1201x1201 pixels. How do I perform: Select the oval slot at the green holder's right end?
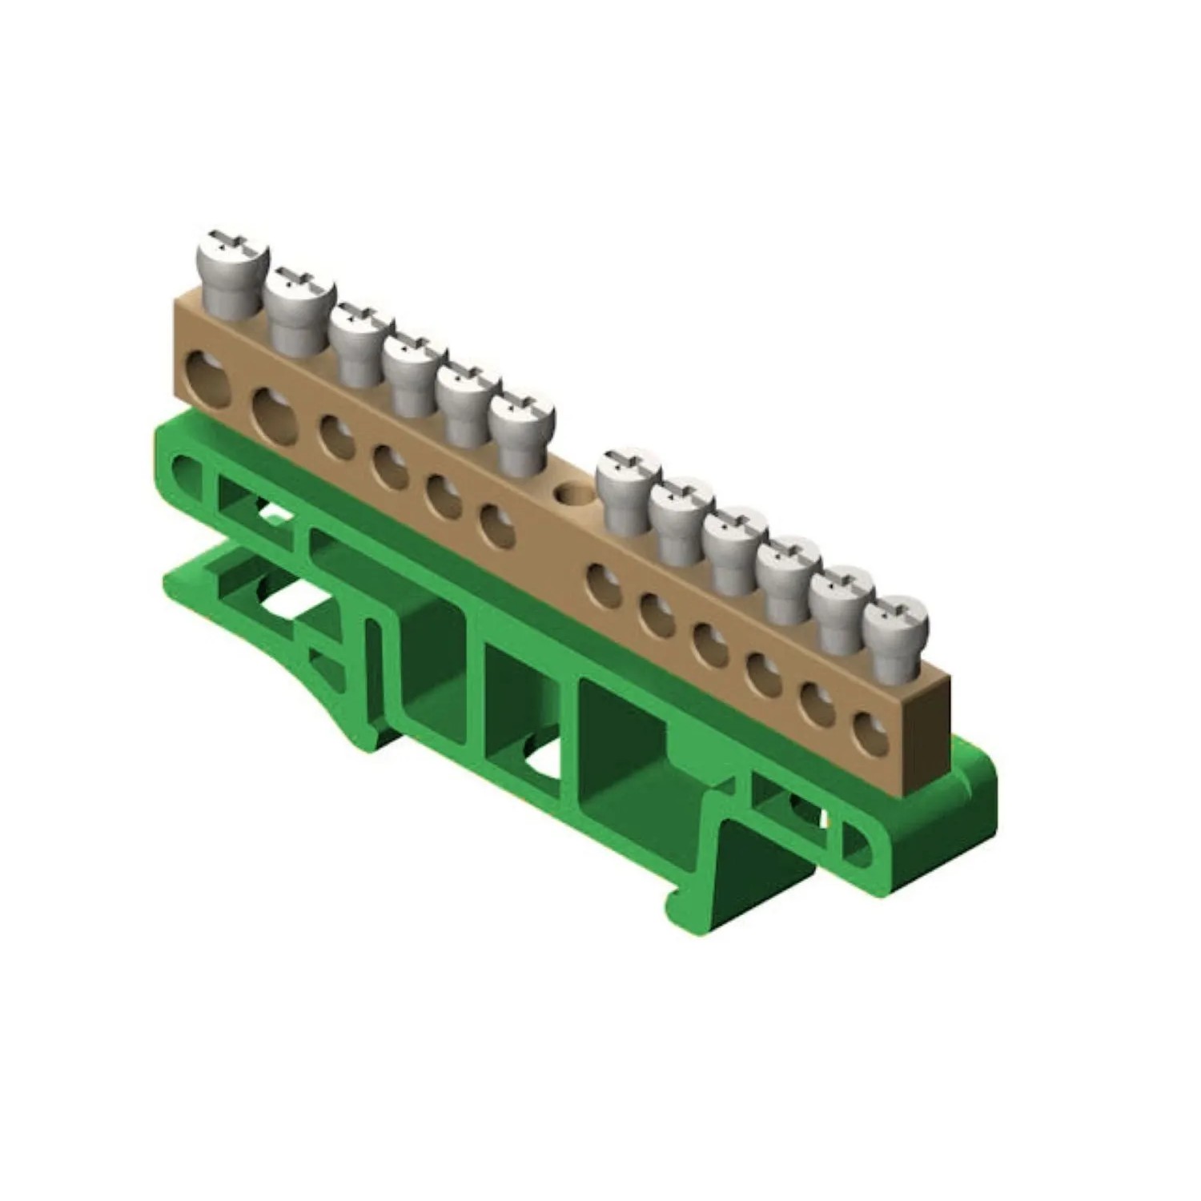click(x=858, y=845)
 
